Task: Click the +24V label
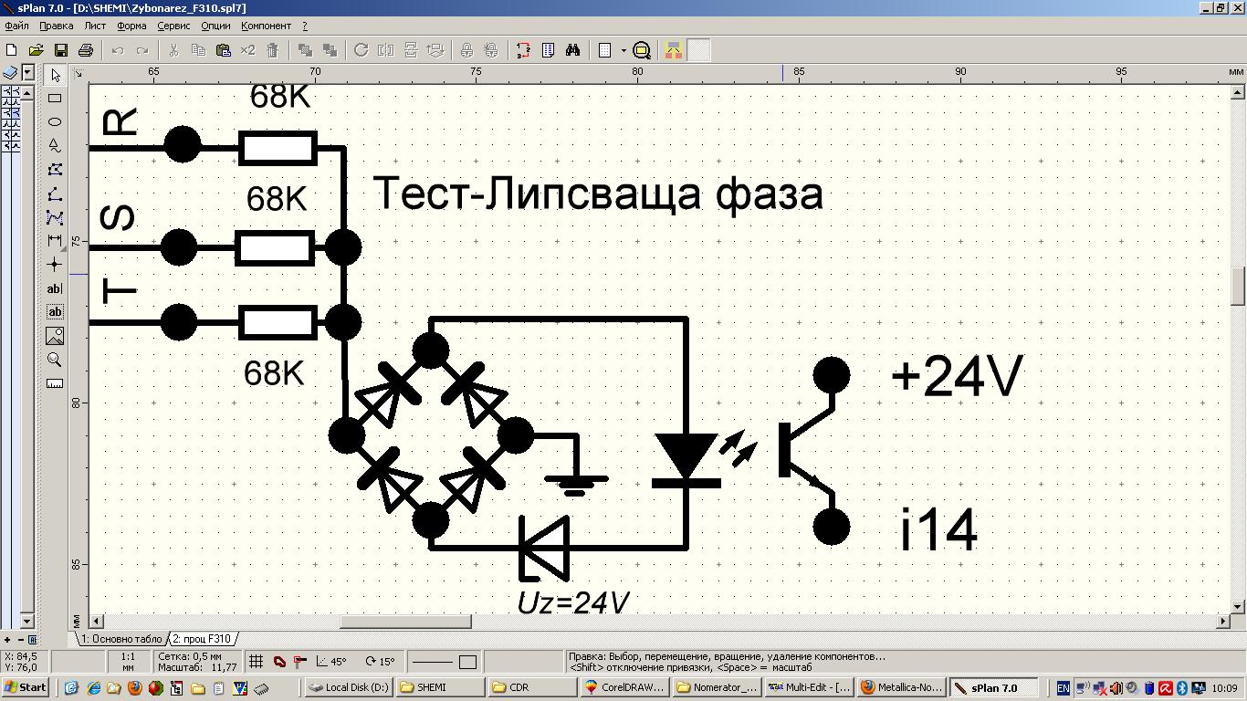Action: (958, 376)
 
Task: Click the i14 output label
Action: (938, 529)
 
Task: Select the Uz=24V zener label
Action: (573, 602)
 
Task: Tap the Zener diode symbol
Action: (544, 549)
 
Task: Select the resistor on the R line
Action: (278, 148)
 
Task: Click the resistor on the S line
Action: (275, 247)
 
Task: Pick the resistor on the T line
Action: (278, 322)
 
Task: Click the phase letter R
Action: (120, 121)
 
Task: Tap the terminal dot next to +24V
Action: (831, 375)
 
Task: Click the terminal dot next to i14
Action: (831, 526)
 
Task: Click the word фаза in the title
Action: (770, 194)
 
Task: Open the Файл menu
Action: (16, 26)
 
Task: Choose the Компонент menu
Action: (266, 26)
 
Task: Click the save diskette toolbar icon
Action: (60, 50)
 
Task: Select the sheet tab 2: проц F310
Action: (202, 639)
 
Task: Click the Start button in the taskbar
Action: (26, 687)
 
